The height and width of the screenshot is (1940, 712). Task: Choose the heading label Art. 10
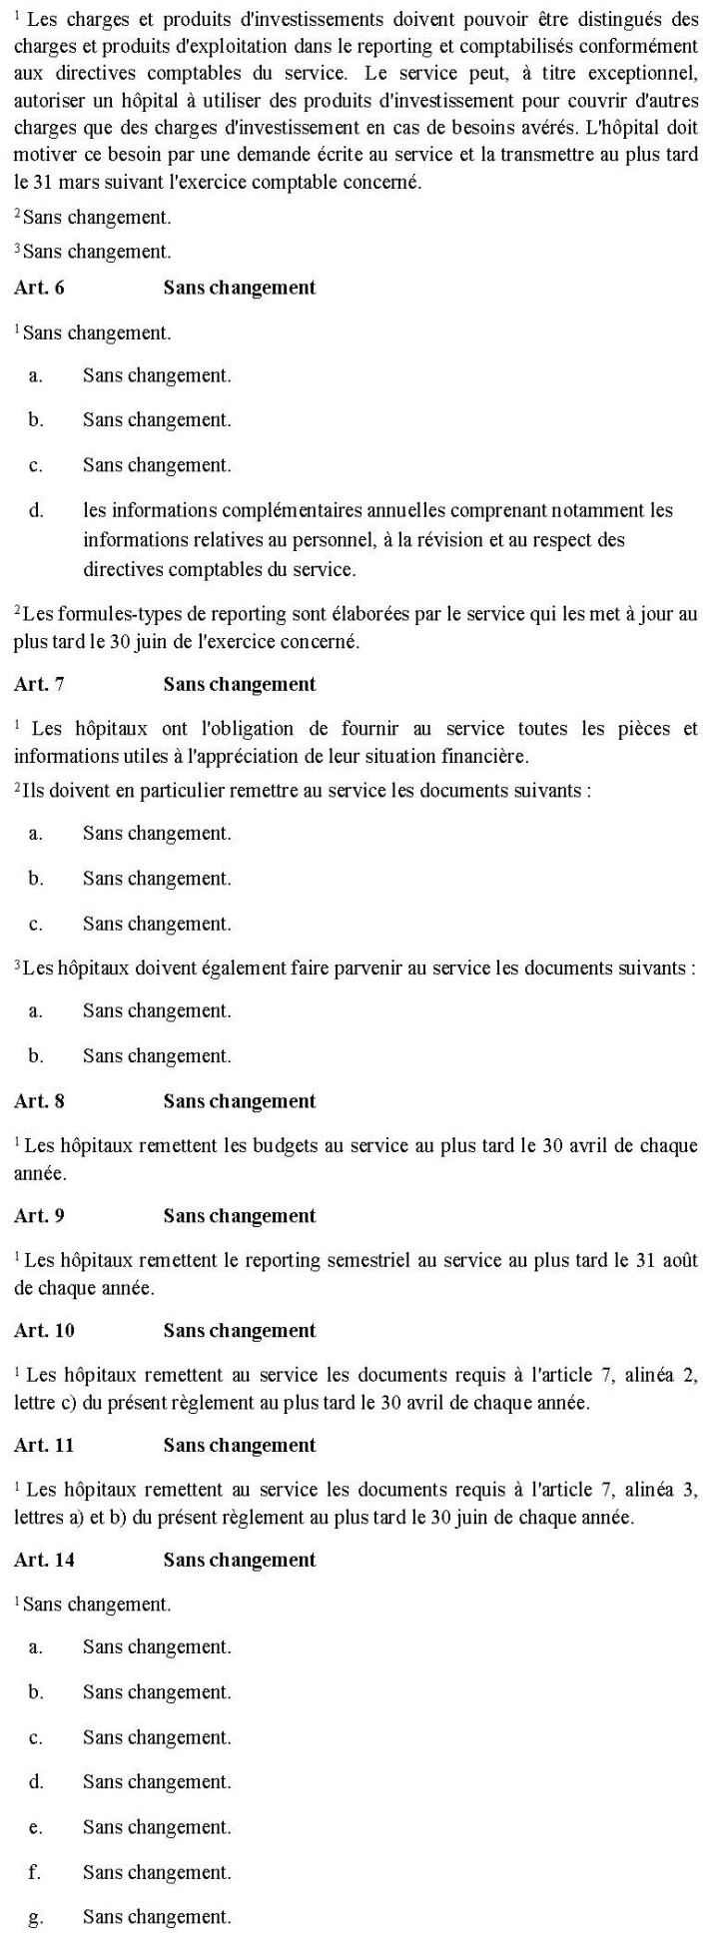tap(44, 1330)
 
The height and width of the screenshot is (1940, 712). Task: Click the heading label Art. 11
tap(44, 1445)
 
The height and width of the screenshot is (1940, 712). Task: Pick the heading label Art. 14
tap(44, 1560)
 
